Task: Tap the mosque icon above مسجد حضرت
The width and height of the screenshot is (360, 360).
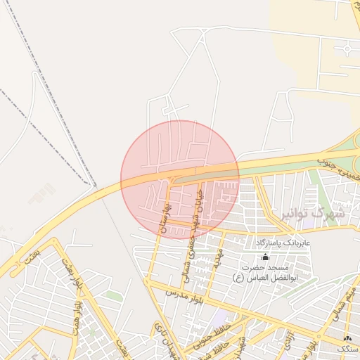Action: (265, 257)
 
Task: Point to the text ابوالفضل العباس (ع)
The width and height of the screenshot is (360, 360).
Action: (265, 277)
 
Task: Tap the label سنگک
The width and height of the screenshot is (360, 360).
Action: (345, 349)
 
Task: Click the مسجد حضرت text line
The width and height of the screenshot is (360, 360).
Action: (265, 267)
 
